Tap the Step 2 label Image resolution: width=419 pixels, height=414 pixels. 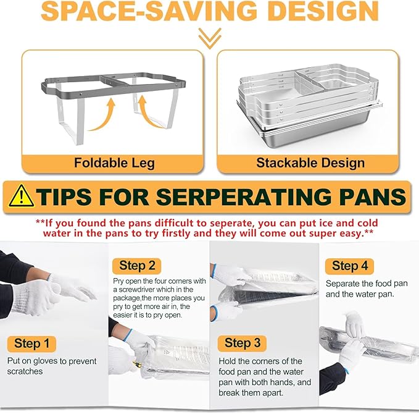click(x=136, y=266)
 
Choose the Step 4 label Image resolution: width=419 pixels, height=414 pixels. click(x=349, y=266)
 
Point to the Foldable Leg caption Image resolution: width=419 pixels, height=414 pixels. click(x=114, y=164)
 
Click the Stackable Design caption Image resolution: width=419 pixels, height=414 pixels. click(x=310, y=164)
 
